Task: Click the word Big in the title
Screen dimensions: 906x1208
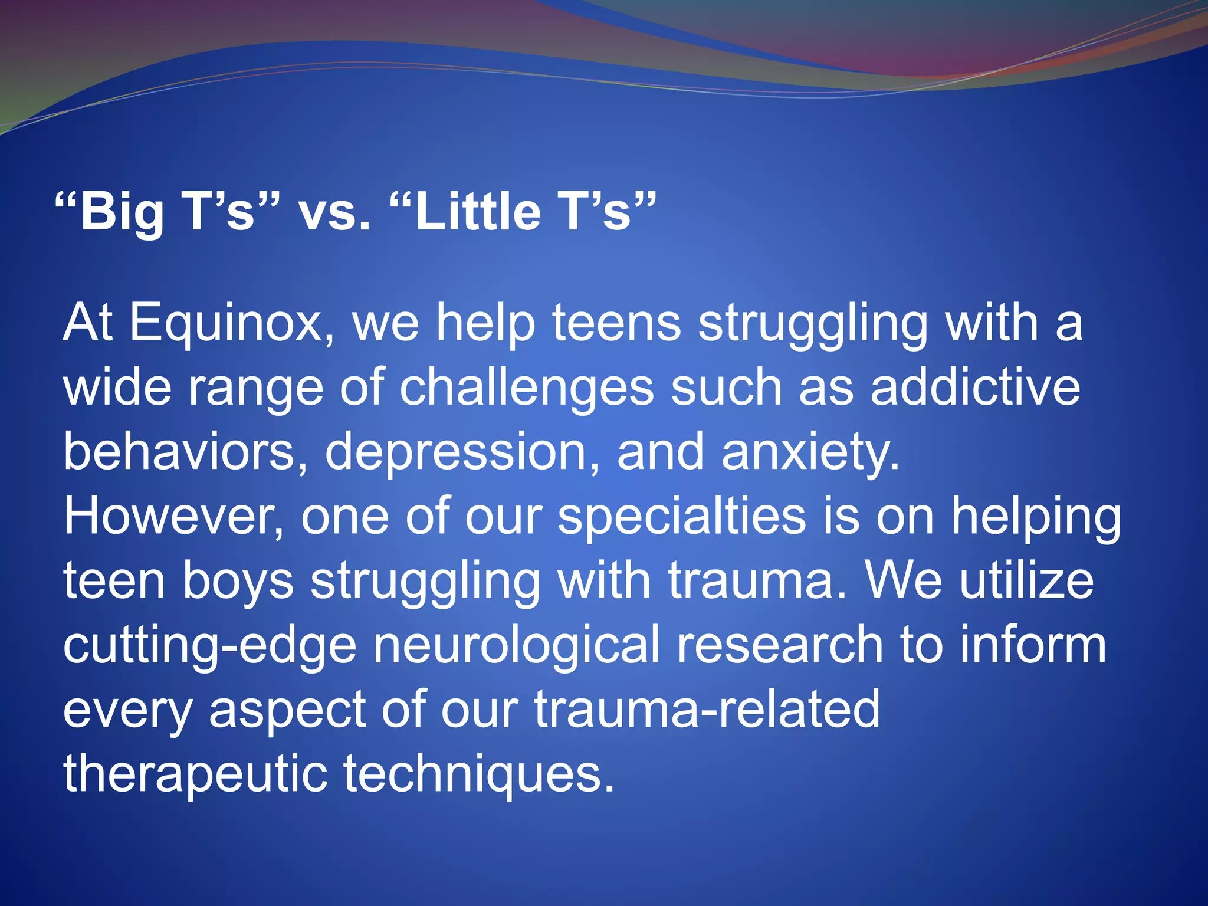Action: [121, 213]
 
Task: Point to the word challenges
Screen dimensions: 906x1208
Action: [527, 389]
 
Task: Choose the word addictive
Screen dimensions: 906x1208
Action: [975, 388]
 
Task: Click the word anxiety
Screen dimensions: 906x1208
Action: [810, 453]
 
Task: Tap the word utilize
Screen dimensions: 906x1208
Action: [1026, 580]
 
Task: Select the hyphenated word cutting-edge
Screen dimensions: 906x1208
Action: [209, 646]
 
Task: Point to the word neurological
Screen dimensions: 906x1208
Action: [516, 646]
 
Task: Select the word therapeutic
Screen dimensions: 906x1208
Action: [195, 774]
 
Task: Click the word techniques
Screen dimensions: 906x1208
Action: [479, 774]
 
